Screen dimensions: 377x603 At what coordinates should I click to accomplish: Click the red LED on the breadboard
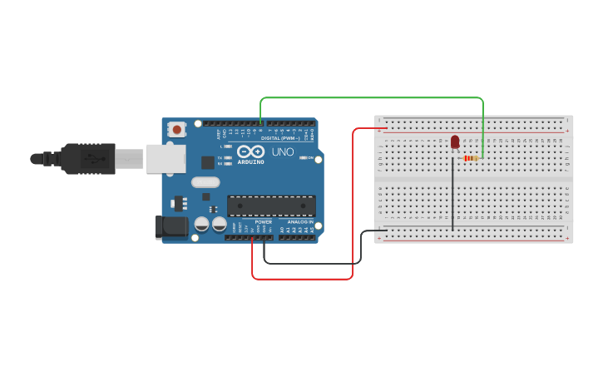455,142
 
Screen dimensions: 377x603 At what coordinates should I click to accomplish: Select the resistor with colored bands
472,158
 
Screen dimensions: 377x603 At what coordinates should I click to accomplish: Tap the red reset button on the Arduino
176,129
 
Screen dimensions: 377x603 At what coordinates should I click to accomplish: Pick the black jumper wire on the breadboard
453,196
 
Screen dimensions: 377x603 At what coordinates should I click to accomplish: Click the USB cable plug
86,158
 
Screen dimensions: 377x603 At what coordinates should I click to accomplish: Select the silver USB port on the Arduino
166,158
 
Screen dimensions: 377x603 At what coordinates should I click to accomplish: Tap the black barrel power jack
171,226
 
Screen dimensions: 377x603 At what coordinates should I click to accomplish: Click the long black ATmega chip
271,206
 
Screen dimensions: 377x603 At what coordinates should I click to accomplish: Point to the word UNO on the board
283,152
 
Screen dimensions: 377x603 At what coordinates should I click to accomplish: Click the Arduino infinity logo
250,151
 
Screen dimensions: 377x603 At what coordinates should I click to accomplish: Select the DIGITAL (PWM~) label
282,138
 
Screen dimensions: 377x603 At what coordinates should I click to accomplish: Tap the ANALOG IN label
300,222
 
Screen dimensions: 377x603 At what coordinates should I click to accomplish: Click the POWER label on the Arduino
263,222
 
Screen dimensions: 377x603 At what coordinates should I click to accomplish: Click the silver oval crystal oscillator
205,181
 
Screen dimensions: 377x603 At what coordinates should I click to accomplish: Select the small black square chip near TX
207,162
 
